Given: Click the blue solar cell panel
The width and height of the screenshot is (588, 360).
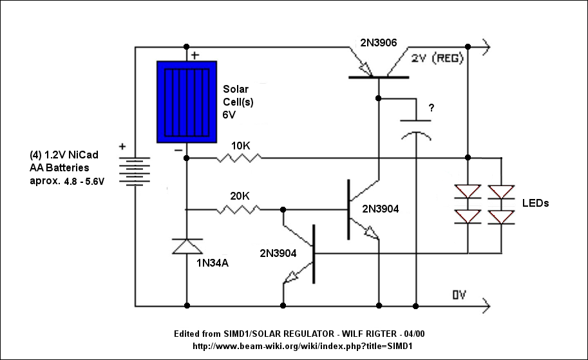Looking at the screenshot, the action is point(187,102).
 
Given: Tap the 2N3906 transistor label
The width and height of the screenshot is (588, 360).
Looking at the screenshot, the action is point(379,43).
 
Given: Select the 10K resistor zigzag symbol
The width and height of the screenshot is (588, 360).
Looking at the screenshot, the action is point(239,158).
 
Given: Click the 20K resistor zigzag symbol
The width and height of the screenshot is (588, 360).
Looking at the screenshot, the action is point(238,209).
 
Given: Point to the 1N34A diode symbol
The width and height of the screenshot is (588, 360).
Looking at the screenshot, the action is point(187,247).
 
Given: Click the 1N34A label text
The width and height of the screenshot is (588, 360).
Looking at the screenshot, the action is point(213,263).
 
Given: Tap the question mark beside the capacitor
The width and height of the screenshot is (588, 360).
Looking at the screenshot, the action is point(432,108).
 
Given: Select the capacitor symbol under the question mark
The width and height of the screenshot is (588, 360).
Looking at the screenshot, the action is point(415,129).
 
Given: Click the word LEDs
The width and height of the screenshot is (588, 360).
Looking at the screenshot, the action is point(535,204).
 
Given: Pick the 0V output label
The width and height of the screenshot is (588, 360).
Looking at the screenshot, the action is point(459,295).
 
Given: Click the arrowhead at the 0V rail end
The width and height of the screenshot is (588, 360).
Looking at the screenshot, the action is point(486,306).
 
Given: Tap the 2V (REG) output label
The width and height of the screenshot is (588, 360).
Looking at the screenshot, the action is point(437,59).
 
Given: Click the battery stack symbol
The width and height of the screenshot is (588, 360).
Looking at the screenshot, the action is point(134,171).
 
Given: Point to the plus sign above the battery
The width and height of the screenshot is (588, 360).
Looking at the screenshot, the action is point(122,146).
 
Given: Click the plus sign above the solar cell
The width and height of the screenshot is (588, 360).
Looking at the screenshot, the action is point(195,55).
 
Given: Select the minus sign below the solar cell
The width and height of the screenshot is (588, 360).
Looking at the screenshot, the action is point(178,150).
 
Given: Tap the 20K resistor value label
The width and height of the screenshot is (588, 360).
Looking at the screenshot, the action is point(240,196).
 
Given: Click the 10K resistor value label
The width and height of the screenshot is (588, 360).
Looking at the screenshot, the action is point(240,146).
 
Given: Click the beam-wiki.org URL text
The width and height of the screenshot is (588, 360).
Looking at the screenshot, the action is point(303,346).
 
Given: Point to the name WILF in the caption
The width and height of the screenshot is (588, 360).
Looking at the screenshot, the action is point(352,334).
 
